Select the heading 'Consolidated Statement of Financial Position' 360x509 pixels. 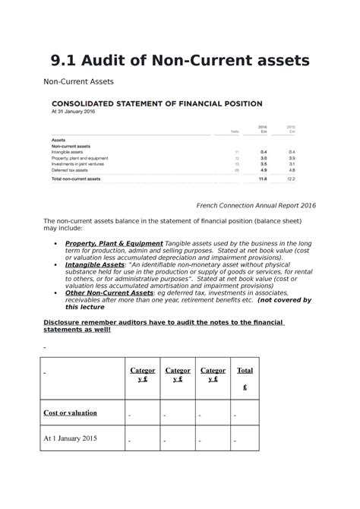[x=156, y=103]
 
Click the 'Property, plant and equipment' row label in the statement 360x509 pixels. [x=79, y=158]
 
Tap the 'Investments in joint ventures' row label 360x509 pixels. [x=78, y=164]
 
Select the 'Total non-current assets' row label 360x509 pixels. [x=75, y=179]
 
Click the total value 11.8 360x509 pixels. [x=263, y=179]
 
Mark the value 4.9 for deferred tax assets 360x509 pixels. [x=264, y=170]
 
